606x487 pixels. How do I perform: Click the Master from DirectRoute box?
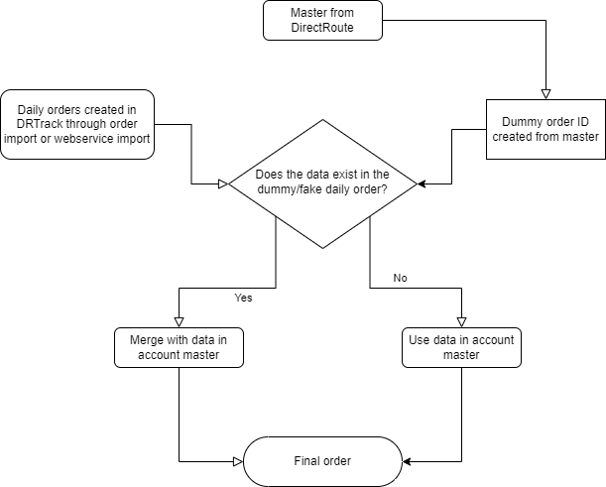coord(322,20)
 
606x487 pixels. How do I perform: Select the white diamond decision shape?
coord(322,183)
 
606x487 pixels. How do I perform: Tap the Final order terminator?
coord(322,462)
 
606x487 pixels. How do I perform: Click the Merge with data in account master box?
coord(179,347)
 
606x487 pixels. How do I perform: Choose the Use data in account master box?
coord(461,347)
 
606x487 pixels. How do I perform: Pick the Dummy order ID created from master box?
coord(545,129)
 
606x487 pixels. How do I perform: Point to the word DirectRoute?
coord(322,29)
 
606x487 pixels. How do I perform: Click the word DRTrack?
coord(43,124)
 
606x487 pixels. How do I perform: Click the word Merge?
coord(147,339)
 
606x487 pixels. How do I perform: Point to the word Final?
coord(307,462)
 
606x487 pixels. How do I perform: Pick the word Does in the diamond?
coord(270,173)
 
